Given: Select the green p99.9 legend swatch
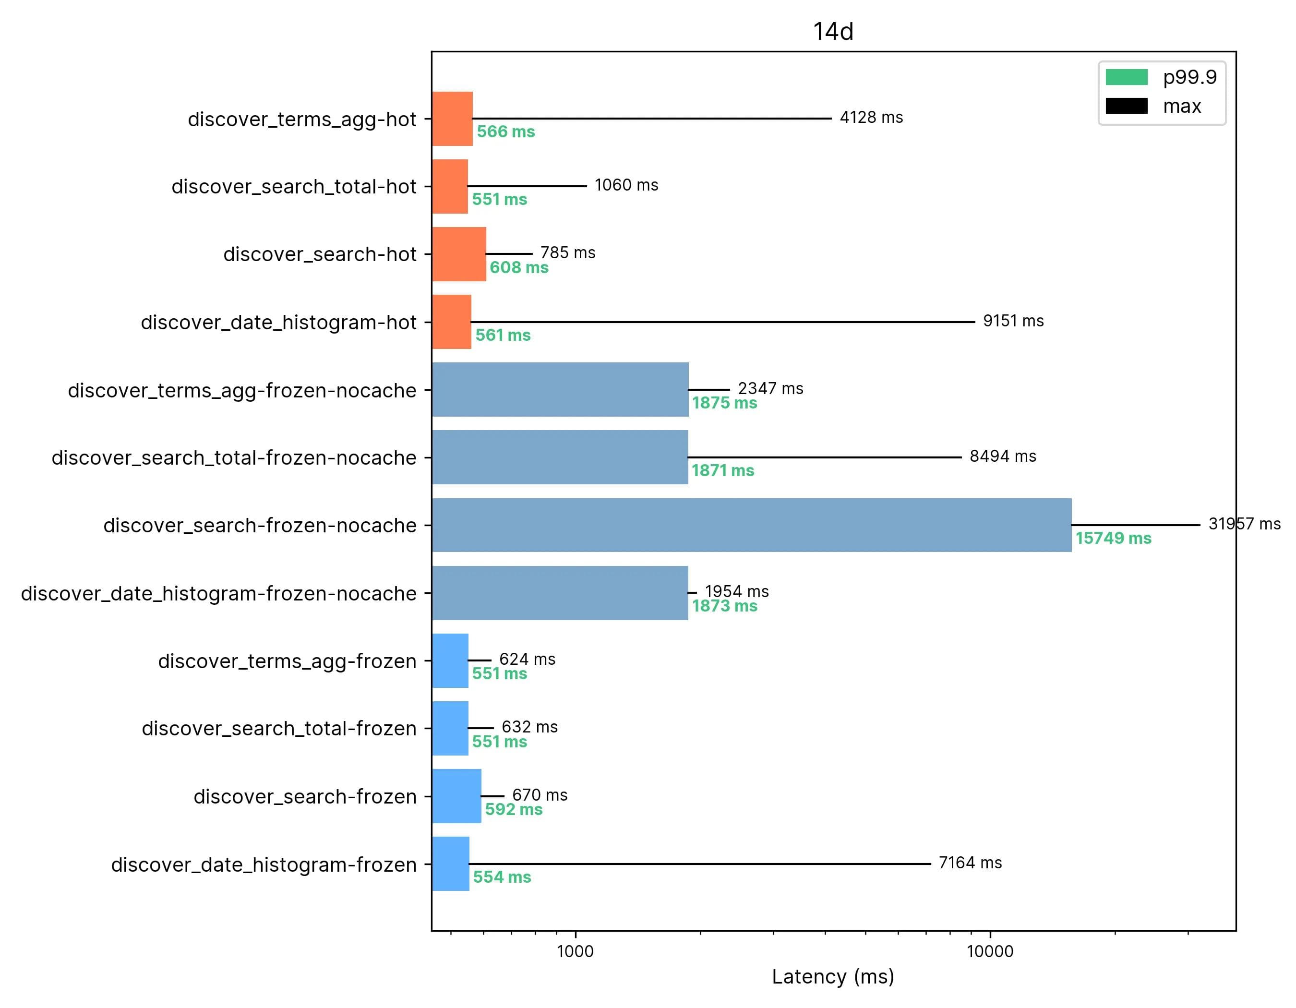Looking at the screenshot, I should (x=1126, y=77).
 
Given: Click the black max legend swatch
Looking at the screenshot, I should (x=1126, y=106).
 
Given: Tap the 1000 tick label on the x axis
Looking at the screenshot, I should (x=575, y=952).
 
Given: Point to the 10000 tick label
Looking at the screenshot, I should (x=989, y=952).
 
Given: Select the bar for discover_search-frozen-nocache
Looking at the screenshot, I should (x=751, y=525).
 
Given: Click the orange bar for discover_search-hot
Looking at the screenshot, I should (x=459, y=254).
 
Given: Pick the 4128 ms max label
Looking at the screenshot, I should (x=871, y=118).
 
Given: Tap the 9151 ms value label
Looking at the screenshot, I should (x=1013, y=321).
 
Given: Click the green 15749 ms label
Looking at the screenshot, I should (x=1113, y=538).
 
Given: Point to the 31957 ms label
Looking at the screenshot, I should (x=1244, y=524).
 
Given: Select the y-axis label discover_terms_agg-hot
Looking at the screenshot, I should (x=302, y=119).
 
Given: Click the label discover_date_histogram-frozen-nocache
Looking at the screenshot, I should (x=218, y=593).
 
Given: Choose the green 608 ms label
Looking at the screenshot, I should (x=518, y=267).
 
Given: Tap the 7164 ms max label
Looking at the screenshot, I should (x=970, y=863).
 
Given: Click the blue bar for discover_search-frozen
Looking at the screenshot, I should (x=456, y=796).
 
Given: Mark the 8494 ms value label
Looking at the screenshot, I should (x=1002, y=456).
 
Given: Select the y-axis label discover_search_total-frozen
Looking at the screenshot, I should (x=279, y=729).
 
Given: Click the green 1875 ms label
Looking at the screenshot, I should (x=724, y=403).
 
